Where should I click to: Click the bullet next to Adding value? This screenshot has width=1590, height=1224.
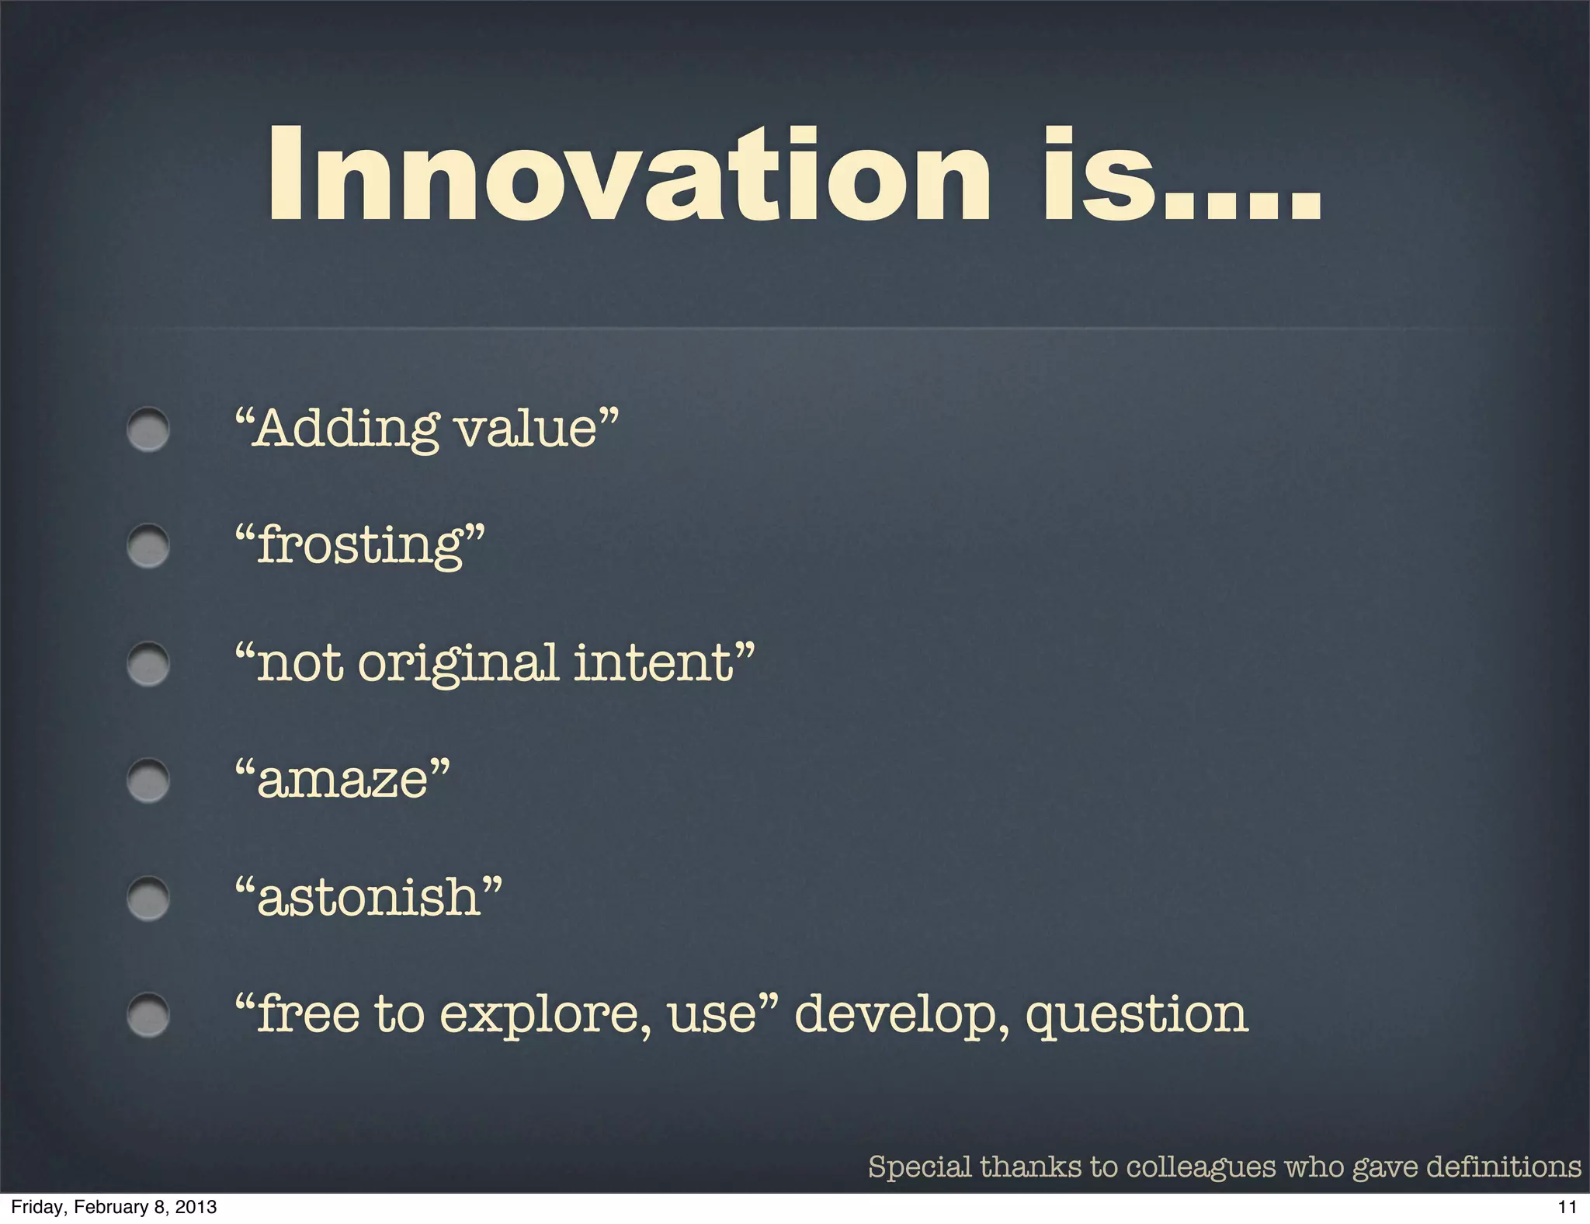[x=148, y=429]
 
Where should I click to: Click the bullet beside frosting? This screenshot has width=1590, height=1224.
[x=148, y=546]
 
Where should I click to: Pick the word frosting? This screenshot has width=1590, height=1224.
[x=361, y=546]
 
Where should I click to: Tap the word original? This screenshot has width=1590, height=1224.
[x=458, y=664]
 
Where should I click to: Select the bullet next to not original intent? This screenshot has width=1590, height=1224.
[x=148, y=664]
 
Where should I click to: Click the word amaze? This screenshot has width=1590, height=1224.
[x=342, y=781]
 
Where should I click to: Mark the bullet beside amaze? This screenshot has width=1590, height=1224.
[x=148, y=781]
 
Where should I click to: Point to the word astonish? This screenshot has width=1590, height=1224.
[x=369, y=898]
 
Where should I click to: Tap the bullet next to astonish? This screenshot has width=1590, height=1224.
[x=148, y=899]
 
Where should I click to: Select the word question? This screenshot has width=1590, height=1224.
[x=1137, y=1016]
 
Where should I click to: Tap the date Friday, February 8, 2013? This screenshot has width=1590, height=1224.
[x=114, y=1207]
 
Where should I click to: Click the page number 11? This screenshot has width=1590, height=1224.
[x=1567, y=1207]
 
